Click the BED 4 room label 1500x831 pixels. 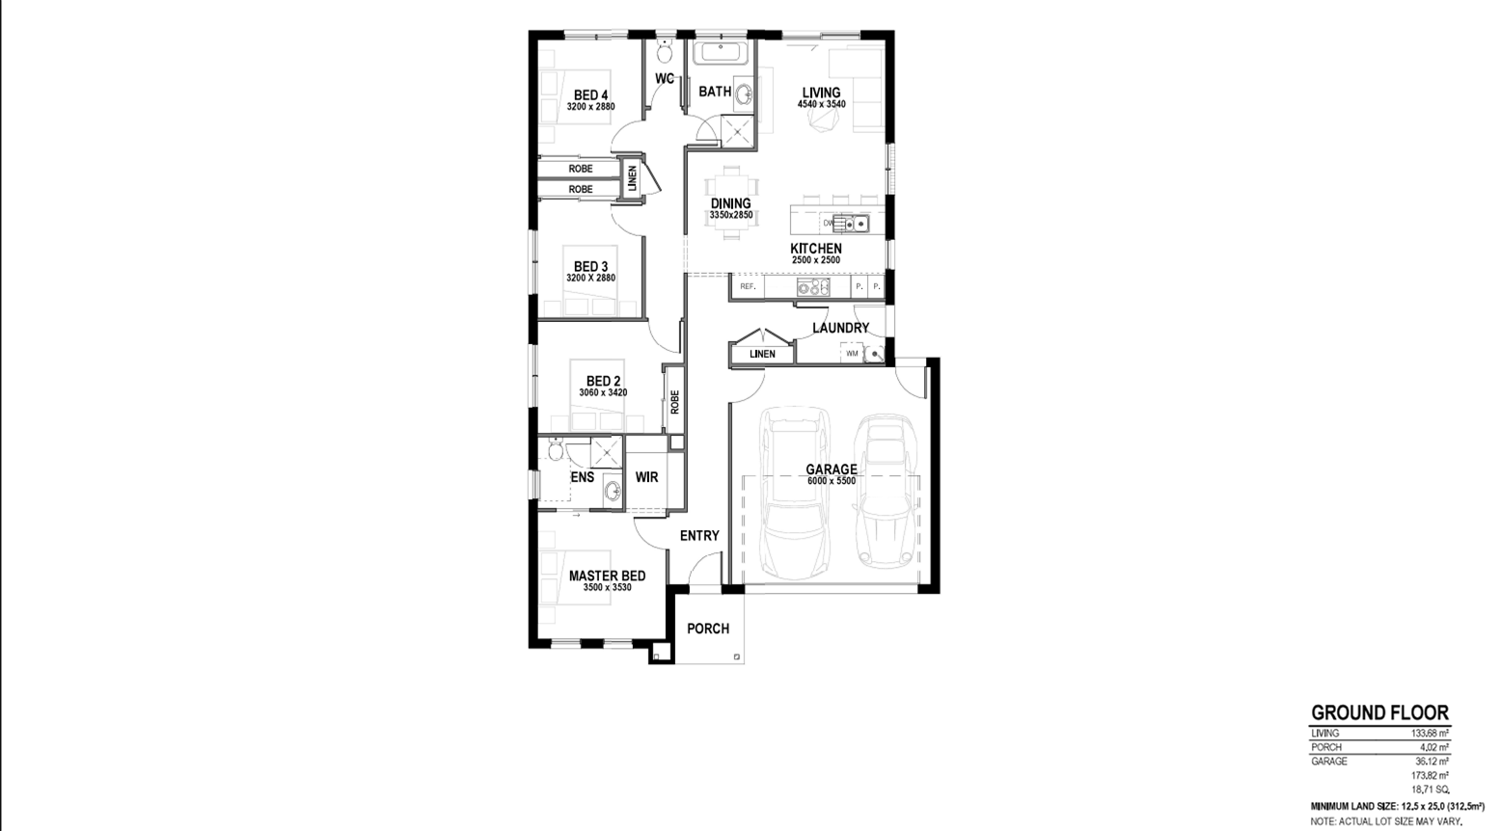(590, 95)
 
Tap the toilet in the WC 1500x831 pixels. (665, 51)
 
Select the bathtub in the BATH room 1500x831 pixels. (721, 54)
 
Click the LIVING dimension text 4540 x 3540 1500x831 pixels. (821, 104)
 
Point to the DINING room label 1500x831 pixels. (730, 203)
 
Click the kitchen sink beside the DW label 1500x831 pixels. (855, 224)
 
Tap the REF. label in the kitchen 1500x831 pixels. (748, 286)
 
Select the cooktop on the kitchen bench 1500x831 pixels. (813, 287)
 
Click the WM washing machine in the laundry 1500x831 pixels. (852, 353)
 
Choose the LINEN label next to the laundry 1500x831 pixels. (762, 354)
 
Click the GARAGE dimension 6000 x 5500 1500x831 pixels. (831, 481)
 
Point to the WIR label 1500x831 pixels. (646, 477)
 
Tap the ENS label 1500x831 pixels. (582, 477)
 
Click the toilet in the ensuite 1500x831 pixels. (555, 449)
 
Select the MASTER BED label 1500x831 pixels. (608, 576)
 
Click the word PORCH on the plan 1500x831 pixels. (708, 629)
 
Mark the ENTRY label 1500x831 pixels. (699, 536)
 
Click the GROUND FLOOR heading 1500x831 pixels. (1379, 712)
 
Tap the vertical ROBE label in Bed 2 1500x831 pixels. (674, 402)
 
